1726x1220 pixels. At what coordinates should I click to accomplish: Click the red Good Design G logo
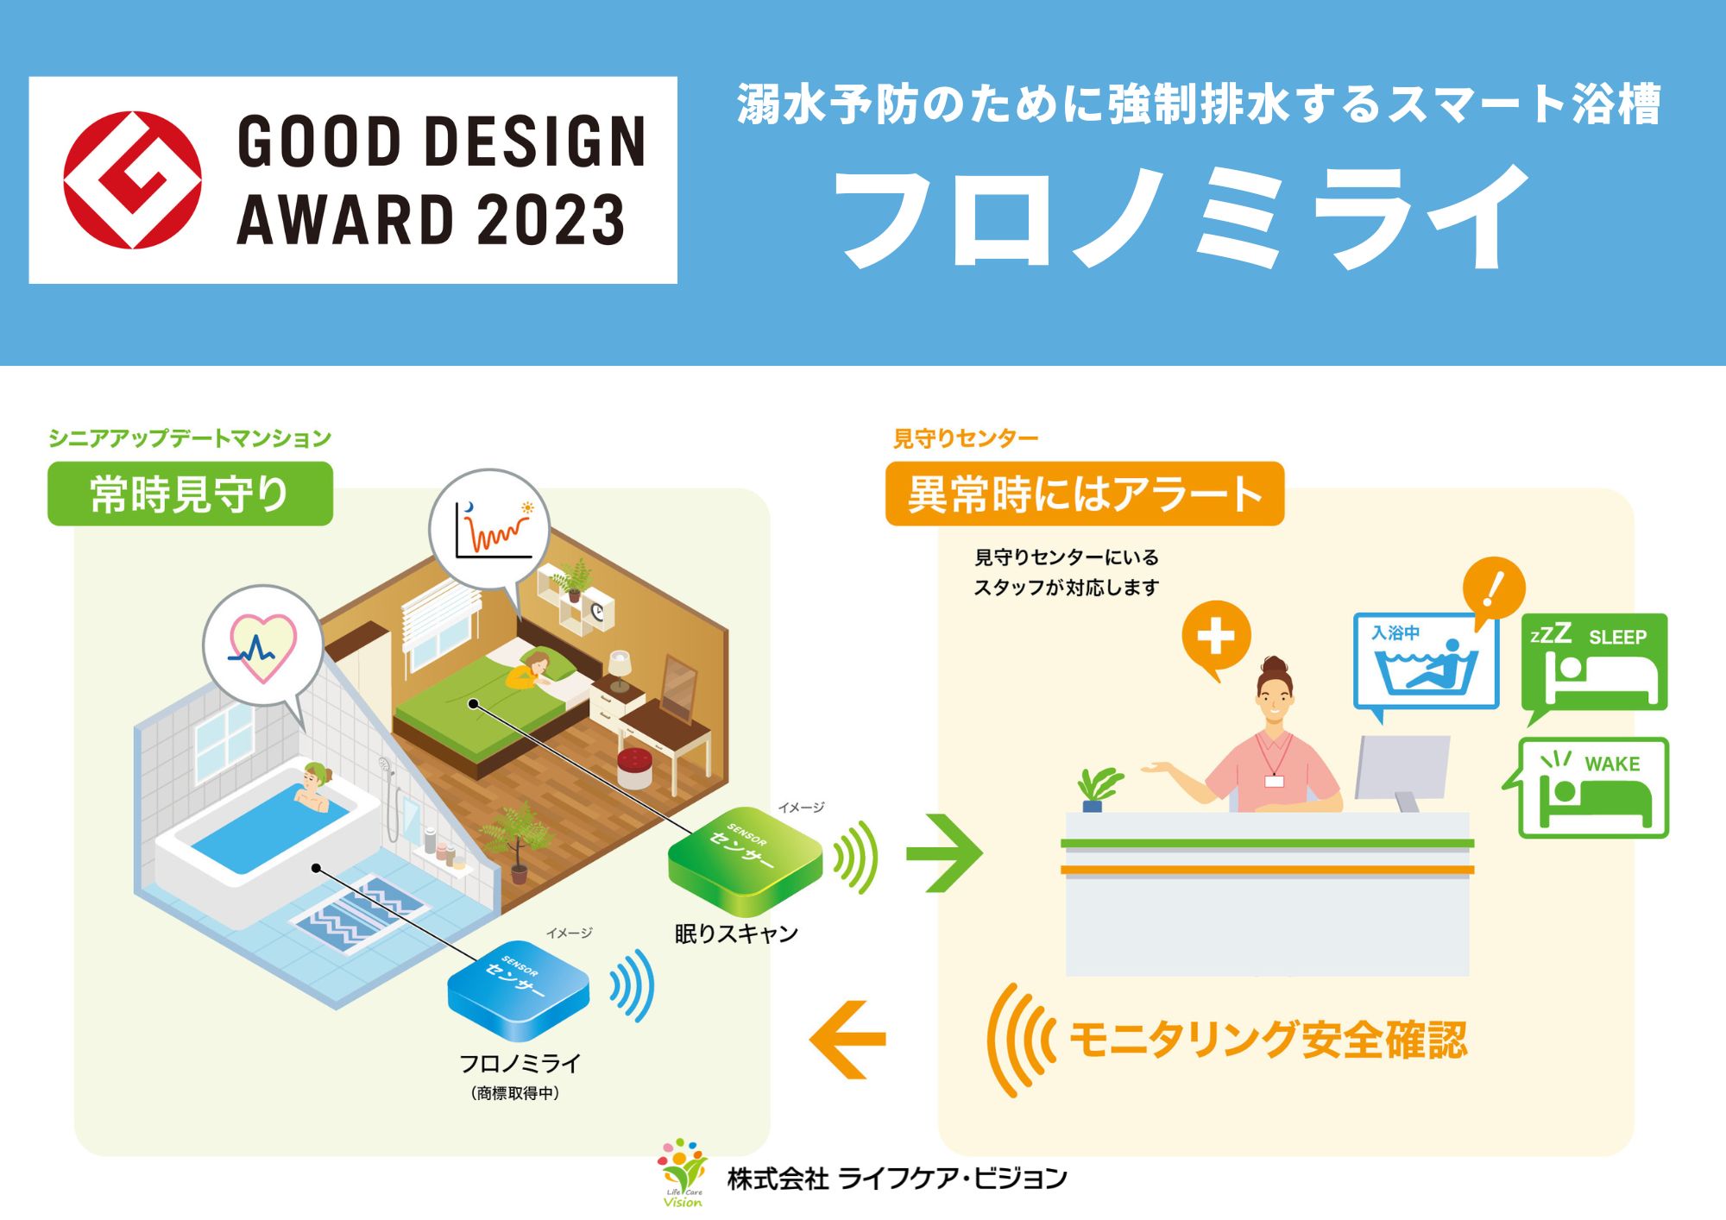(132, 179)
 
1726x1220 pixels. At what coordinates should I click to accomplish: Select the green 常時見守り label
(190, 494)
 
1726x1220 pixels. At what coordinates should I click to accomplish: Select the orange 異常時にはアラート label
(1085, 494)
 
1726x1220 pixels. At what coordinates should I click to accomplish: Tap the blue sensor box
(518, 990)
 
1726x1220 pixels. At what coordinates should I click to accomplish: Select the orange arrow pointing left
(847, 1039)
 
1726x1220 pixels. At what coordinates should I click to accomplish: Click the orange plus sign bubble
(1216, 638)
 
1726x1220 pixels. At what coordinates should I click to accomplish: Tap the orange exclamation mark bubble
(1494, 589)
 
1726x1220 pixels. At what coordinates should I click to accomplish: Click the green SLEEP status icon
(1594, 664)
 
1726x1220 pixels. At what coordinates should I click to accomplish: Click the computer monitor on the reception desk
(1402, 772)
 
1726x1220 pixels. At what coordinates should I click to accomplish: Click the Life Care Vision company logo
(683, 1173)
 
